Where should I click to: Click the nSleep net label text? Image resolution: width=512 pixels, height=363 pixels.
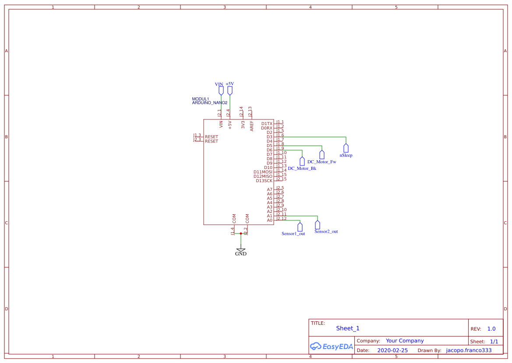tap(346, 155)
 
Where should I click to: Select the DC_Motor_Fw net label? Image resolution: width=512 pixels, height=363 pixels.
tap(322, 162)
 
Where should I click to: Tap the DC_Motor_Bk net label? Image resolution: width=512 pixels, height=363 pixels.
tap(302, 169)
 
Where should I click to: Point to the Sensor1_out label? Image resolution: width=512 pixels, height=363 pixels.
tap(293, 234)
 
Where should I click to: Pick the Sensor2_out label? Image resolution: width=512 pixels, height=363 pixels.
tap(326, 231)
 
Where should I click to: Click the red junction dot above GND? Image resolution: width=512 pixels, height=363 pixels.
tap(240, 234)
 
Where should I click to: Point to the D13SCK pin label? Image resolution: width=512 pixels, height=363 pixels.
tap(264, 181)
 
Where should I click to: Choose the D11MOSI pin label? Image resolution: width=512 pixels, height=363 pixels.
tap(263, 172)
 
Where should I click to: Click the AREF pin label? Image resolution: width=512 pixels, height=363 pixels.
tap(252, 126)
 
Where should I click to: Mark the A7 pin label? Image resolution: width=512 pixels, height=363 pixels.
tap(270, 190)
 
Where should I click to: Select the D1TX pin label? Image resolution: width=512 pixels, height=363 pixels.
tap(267, 124)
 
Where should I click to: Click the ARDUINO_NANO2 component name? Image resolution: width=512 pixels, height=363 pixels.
tap(210, 103)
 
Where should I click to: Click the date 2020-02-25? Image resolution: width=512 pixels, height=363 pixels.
tap(392, 351)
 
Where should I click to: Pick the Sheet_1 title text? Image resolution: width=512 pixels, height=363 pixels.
tap(348, 328)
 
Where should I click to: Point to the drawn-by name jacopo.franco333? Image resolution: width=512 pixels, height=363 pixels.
tap(469, 351)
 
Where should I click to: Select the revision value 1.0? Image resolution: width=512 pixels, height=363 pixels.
tap(491, 329)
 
